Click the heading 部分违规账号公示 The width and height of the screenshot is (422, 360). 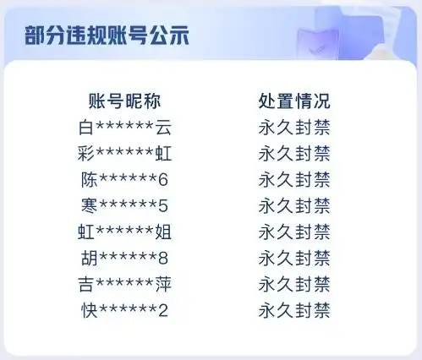[x=106, y=36]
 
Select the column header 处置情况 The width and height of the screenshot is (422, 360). [x=293, y=101]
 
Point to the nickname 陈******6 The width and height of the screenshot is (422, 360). [x=123, y=179]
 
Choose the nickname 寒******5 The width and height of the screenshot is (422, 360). [x=123, y=205]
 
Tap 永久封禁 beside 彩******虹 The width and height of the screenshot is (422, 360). [x=293, y=153]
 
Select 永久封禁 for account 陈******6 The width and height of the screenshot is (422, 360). [x=293, y=179]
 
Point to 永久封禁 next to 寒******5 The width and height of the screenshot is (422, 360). [x=293, y=205]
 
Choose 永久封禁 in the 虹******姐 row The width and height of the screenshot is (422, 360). [x=293, y=232]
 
